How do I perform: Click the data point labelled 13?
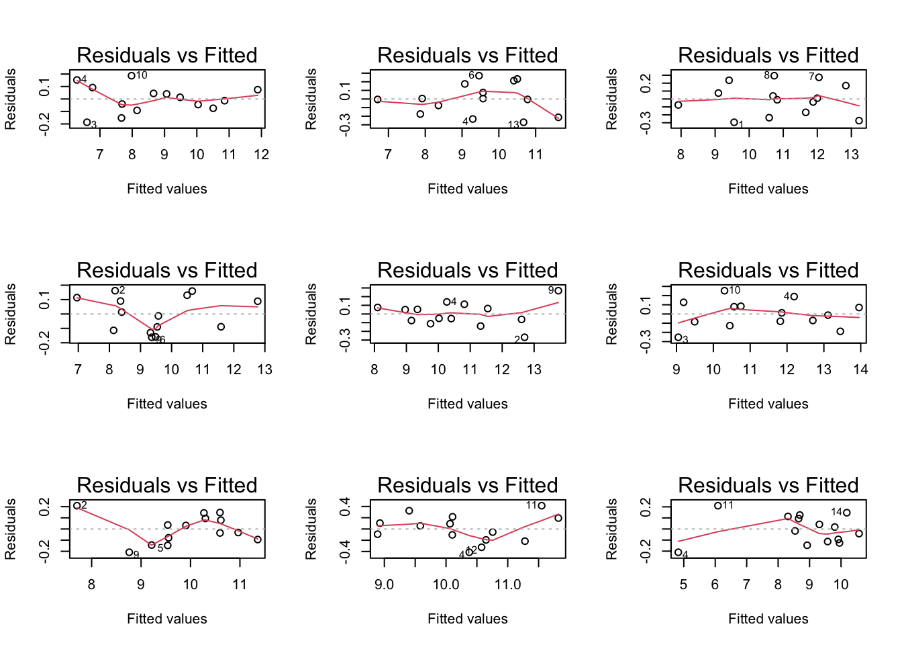pos(523,122)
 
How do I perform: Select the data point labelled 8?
pos(774,76)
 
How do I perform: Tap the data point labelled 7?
pos(819,77)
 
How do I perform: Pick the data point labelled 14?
pos(847,513)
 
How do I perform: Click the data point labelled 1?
pos(734,123)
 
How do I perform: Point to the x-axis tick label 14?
pos(860,370)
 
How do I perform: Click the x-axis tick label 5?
pos(683,585)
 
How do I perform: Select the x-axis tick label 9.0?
pos(384,585)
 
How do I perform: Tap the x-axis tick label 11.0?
pos(507,585)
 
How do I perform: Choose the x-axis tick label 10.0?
pos(446,585)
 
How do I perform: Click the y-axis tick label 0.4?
pos(345,507)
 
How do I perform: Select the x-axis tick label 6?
pos(715,585)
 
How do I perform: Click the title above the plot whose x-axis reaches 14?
pos(768,270)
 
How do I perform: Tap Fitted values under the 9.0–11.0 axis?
pos(467,619)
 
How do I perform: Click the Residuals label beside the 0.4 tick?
pos(311,529)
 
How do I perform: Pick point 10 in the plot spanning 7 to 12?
pos(132,76)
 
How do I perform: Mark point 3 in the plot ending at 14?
pos(678,337)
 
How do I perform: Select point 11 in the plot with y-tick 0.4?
pos(542,506)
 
